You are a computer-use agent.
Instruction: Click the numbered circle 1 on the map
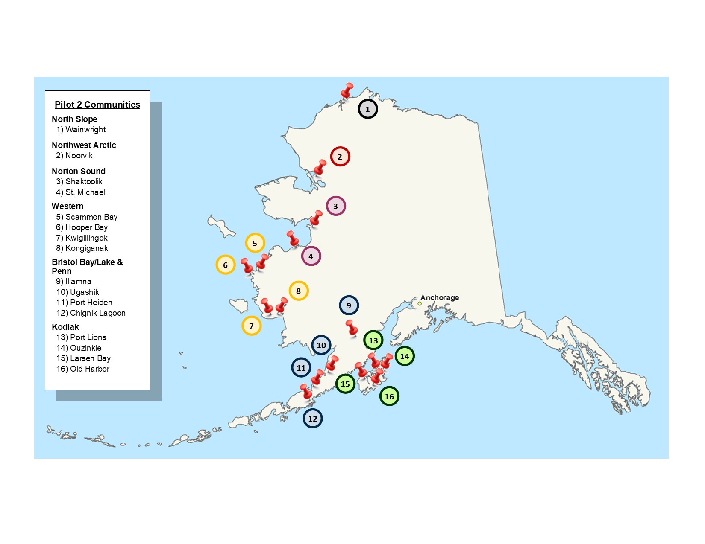(367, 109)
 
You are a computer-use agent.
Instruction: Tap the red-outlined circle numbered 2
(340, 157)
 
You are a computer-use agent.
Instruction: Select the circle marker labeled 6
(226, 265)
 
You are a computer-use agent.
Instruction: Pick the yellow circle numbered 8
(299, 291)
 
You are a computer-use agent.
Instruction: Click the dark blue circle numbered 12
(313, 419)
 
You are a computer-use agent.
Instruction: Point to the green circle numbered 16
(389, 396)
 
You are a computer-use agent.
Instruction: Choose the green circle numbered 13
(373, 340)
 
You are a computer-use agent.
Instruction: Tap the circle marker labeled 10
(321, 345)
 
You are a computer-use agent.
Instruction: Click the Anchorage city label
(440, 297)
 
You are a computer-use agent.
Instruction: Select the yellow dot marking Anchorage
(420, 304)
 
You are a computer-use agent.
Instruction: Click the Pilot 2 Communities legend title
(97, 105)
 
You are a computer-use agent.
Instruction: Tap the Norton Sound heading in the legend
(79, 171)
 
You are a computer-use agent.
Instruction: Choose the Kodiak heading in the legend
(65, 327)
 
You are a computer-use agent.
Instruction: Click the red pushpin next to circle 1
(347, 91)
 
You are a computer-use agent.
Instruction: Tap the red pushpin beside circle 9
(352, 328)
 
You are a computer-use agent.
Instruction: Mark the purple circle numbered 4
(311, 256)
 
